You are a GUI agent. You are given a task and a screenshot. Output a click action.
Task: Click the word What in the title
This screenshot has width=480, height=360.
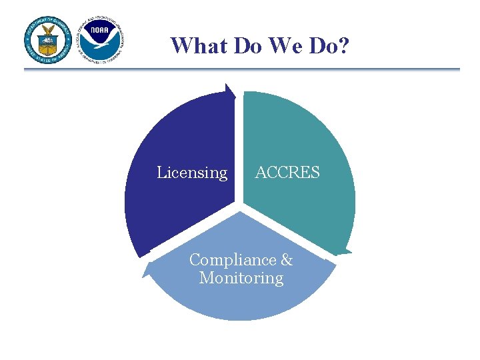tap(195, 45)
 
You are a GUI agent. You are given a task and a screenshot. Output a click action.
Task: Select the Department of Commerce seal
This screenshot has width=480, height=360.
tap(49, 39)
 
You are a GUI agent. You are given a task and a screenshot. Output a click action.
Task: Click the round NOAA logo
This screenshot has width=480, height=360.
tap(101, 39)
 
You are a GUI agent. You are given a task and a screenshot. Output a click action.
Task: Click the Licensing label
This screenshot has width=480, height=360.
tap(192, 173)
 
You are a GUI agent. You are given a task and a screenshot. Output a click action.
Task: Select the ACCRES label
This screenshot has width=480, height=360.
tap(287, 173)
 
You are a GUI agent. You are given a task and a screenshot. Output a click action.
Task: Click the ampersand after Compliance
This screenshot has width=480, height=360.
tap(287, 259)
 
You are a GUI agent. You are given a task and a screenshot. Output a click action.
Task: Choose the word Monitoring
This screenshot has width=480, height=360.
tap(241, 277)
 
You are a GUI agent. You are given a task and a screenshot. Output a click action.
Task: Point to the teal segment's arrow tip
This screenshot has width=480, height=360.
tap(343, 253)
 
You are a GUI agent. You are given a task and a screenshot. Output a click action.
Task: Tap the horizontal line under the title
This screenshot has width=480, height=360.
tap(241, 69)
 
